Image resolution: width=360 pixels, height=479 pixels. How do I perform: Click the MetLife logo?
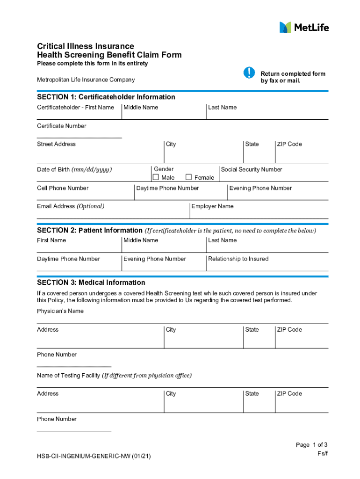pos(304,27)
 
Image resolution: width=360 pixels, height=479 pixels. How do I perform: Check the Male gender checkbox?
pos(156,177)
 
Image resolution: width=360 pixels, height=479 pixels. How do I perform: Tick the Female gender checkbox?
pos(188,177)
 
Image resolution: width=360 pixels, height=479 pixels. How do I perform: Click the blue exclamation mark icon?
pos(250,73)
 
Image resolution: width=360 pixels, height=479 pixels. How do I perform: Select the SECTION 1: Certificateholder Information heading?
pos(106,97)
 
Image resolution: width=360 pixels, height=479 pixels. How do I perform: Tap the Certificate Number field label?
pos(62,126)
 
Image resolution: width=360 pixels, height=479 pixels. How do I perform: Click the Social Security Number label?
pos(252,169)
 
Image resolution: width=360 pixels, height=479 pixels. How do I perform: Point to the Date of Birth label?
pos(74,169)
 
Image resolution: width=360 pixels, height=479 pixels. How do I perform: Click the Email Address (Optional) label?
pos(71,206)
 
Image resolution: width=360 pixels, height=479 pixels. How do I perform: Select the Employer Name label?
pos(212,206)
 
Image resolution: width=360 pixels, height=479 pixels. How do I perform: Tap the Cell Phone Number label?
pos(63,188)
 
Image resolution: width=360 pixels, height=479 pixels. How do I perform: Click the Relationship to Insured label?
pos(238,259)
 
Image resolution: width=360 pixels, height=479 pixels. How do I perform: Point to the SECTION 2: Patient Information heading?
pos(90,230)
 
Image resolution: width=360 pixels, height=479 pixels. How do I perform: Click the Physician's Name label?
pos(60,311)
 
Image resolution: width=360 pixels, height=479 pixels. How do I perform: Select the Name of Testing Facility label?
pos(114,375)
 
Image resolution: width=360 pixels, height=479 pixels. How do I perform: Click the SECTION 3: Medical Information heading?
pos(91,283)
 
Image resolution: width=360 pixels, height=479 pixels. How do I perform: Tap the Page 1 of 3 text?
pos(311,445)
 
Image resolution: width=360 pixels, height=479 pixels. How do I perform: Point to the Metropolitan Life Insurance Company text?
pos(86,80)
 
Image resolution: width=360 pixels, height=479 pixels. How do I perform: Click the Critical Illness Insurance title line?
pos(86,46)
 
